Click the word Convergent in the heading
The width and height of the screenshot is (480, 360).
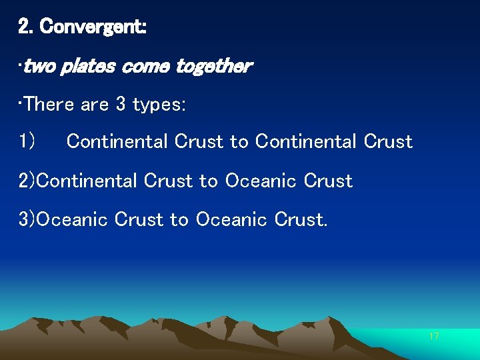93,27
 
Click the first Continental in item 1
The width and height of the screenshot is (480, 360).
118,141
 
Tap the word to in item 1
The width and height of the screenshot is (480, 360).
239,141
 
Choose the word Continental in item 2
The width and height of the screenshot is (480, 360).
88,181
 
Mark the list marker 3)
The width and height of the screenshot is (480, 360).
27,219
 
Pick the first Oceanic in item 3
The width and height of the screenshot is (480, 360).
72,219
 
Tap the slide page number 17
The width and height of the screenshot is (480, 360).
433,336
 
